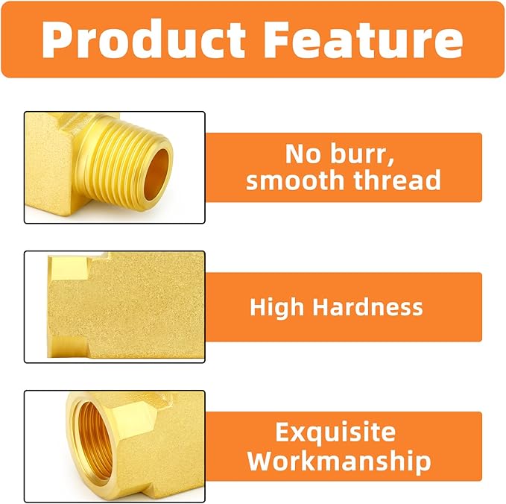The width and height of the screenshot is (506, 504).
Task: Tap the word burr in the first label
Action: click(x=361, y=154)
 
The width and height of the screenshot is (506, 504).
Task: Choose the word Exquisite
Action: click(x=335, y=432)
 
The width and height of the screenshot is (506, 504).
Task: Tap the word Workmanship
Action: click(x=339, y=461)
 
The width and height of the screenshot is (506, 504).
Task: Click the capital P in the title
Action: click(x=57, y=40)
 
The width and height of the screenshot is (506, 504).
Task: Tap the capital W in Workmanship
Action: click(x=262, y=461)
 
